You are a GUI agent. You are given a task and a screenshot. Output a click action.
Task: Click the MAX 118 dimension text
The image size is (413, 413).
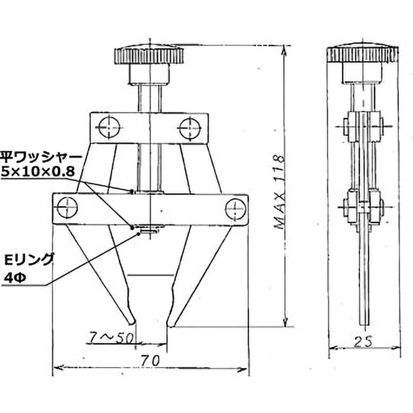click(x=279, y=193)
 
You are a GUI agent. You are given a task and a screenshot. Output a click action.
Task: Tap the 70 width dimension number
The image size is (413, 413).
click(x=150, y=361)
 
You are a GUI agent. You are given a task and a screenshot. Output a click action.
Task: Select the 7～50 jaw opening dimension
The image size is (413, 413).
click(x=111, y=339)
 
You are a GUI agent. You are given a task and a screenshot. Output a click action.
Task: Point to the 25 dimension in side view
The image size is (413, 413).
click(x=363, y=342)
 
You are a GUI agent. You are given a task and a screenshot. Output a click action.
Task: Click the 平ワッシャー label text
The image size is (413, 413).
click(x=41, y=158)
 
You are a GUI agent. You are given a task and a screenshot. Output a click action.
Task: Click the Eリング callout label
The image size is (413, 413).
click(x=29, y=260)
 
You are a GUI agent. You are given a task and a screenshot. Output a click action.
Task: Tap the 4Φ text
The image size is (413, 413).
click(x=15, y=278)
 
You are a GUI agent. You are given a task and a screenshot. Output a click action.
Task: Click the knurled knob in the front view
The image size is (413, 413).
click(x=149, y=55)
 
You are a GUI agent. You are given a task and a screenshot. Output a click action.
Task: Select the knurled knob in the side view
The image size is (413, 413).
click(x=362, y=55)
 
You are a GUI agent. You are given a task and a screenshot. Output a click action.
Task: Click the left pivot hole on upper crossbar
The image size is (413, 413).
click(x=109, y=128)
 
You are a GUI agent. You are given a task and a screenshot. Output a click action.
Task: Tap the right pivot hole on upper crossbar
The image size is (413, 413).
click(x=190, y=129)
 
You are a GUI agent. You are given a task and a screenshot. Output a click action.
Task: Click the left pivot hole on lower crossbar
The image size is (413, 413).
click(x=67, y=208)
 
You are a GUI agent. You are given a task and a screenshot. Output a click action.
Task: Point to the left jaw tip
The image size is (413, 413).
click(x=131, y=322)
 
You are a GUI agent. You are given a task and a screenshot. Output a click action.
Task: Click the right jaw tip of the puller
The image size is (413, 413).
click(x=171, y=324)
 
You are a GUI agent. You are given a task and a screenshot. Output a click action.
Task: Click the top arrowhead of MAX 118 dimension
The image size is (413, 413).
click(x=284, y=50)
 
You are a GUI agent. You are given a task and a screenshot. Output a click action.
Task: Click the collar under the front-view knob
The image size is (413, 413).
click(x=149, y=74)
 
